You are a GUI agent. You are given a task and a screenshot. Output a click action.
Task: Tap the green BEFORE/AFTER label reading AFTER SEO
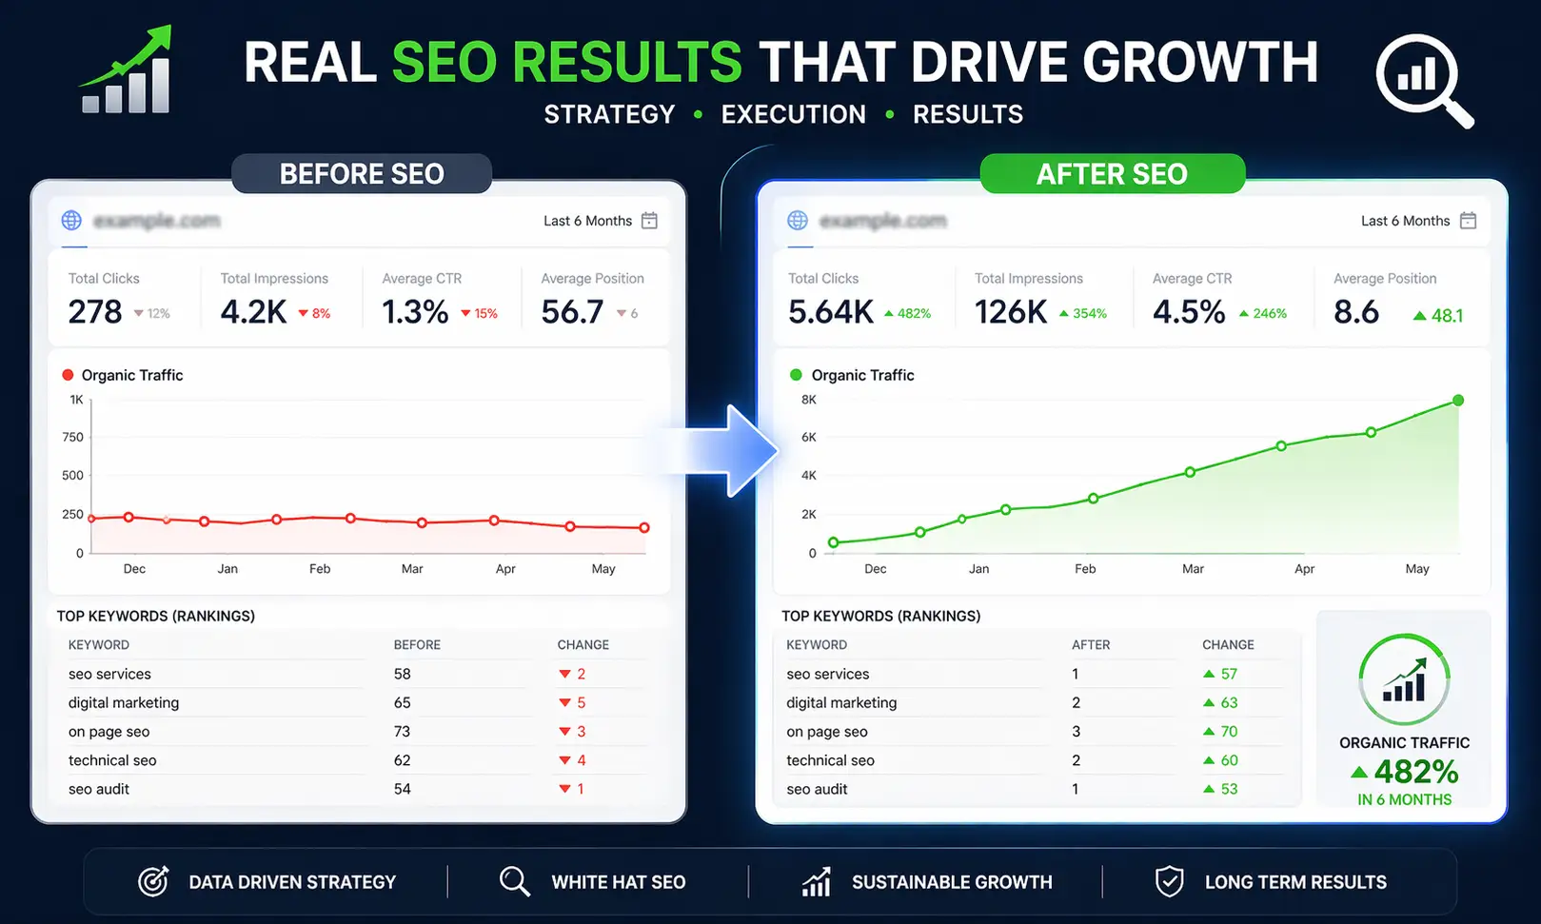[1112, 174]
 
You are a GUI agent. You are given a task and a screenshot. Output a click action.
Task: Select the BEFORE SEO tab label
[362, 174]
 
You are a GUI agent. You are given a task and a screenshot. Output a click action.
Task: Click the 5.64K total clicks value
[830, 311]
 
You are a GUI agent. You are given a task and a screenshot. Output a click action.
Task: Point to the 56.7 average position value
[572, 311]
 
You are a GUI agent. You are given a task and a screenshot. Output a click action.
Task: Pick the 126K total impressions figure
[1010, 311]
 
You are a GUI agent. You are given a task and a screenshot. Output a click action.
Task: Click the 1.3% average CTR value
[415, 311]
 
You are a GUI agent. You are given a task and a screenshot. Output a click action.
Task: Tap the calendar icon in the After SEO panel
[1468, 221]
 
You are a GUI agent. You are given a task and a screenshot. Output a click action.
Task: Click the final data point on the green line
[1457, 401]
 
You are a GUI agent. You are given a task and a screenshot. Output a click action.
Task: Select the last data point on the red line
[644, 527]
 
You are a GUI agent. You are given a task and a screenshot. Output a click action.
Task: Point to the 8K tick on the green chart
[809, 400]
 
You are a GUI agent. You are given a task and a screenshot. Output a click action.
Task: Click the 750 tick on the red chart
[73, 437]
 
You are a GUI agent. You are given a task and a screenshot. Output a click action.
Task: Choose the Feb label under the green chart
[1085, 569]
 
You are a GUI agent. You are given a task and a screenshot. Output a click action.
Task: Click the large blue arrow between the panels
[728, 450]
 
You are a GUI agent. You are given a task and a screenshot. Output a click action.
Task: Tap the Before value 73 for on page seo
[402, 732]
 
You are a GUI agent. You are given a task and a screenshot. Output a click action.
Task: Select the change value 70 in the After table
[1229, 732]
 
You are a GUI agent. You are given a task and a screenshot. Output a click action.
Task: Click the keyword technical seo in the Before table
[112, 760]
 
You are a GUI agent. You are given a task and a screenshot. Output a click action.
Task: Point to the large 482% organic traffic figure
[1415, 771]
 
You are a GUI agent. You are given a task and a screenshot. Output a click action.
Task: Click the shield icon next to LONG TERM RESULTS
[1169, 881]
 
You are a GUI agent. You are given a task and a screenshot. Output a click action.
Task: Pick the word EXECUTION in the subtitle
[793, 114]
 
